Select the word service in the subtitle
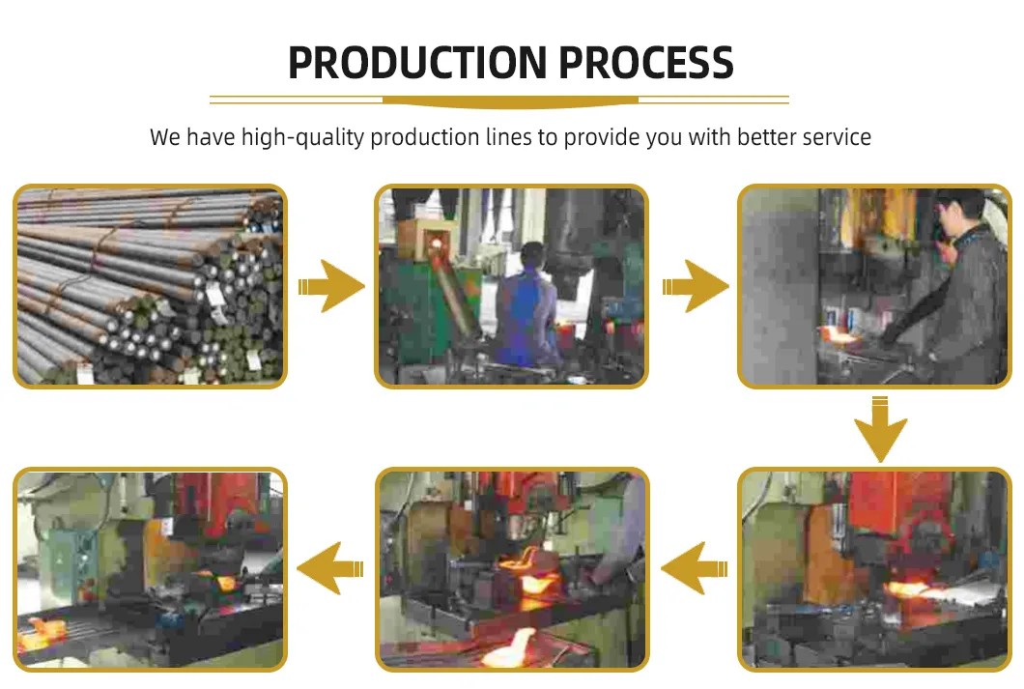tap(833, 137)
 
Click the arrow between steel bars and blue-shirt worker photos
tap(331, 287)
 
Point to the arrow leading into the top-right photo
tap(695, 287)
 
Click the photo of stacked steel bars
tap(150, 286)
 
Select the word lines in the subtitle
tap(510, 137)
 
